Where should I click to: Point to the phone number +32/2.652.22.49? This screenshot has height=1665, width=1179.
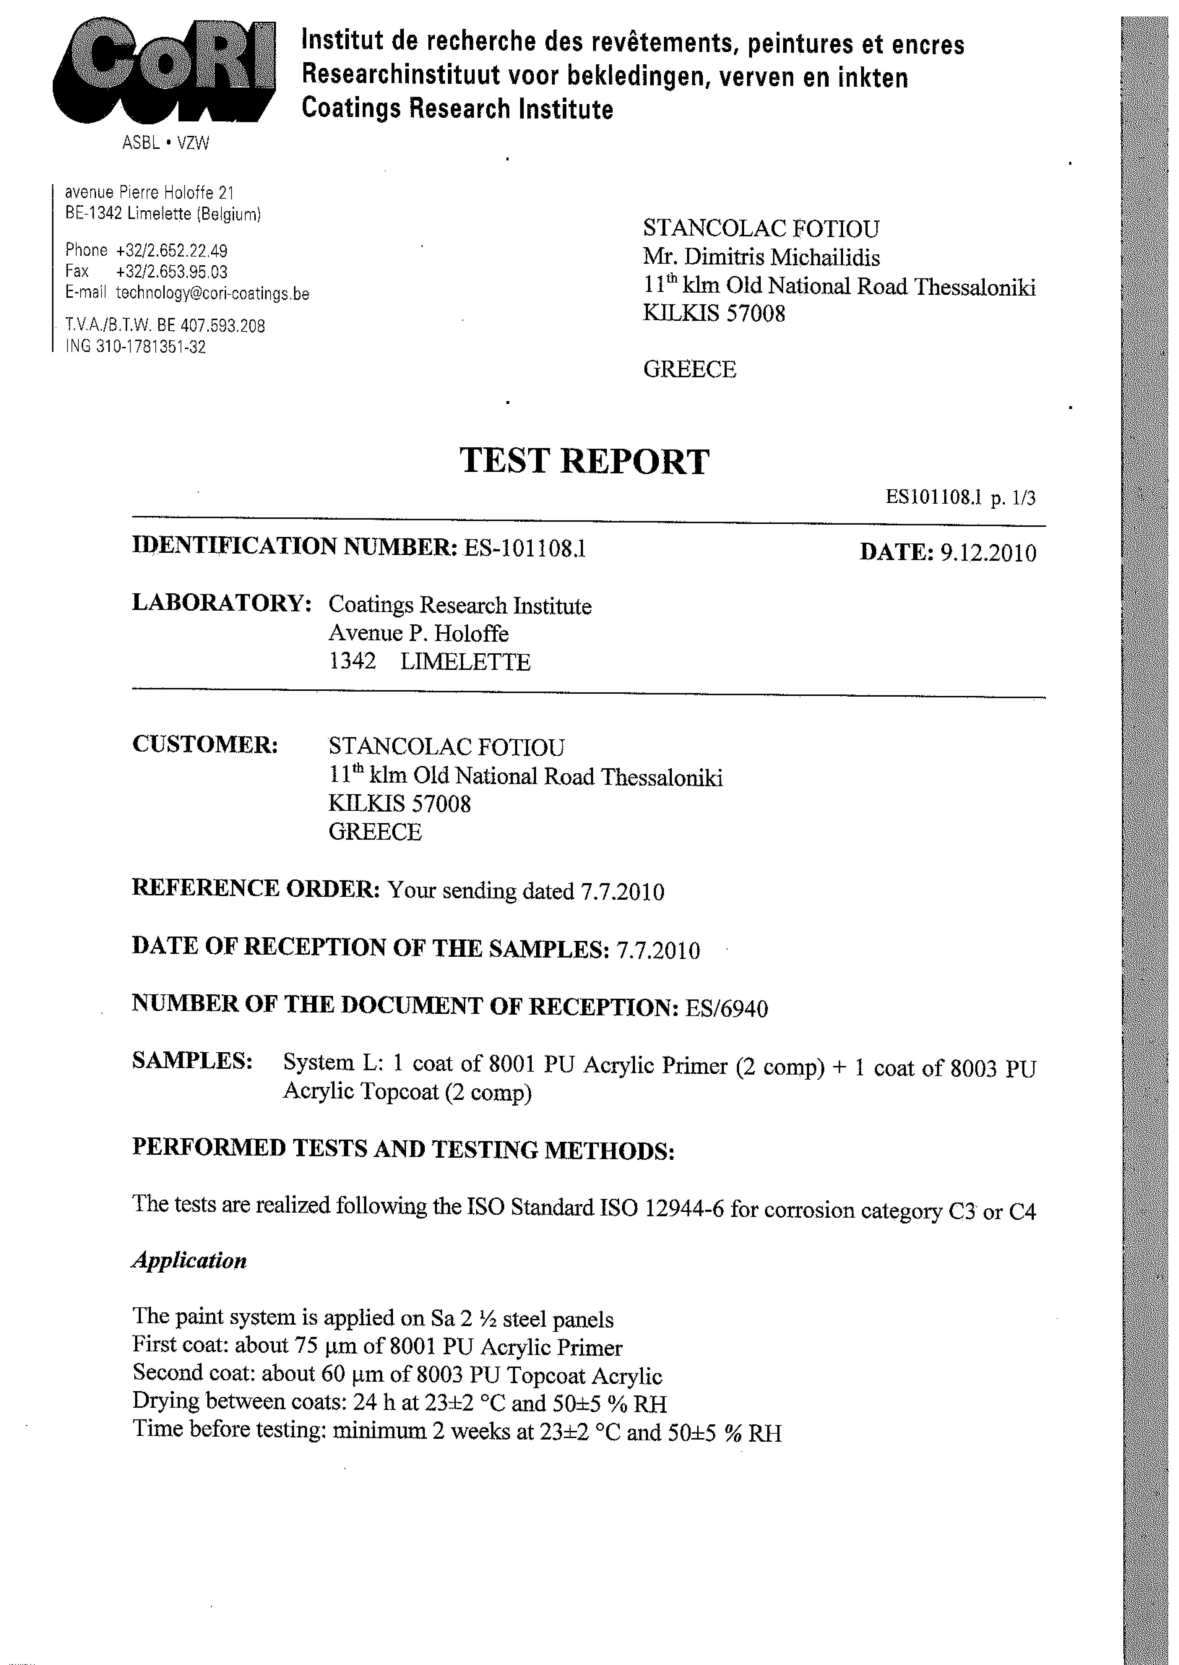(172, 251)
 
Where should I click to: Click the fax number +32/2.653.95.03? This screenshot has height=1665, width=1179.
(172, 271)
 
